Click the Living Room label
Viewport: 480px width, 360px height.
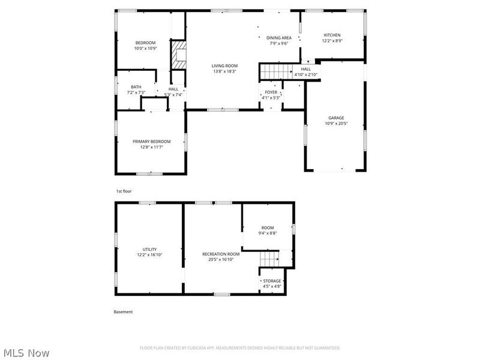224,65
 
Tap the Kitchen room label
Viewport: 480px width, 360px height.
332,35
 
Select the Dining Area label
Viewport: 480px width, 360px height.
279,38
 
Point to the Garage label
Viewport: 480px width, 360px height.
336,118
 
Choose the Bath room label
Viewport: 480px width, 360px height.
136,88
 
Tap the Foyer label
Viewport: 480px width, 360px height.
271,92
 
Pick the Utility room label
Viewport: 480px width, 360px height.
149,249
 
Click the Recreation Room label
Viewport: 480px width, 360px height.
221,254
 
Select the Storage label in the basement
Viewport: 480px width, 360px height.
272,281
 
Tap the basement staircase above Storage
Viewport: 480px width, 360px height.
270,259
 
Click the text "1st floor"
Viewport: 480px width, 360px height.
124,191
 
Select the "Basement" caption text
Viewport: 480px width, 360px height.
123,312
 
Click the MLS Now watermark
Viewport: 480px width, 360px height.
26,353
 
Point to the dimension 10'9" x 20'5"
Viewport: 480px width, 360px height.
336,124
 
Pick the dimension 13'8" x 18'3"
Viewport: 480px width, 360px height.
224,71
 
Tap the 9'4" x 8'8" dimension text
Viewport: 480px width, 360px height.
268,233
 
